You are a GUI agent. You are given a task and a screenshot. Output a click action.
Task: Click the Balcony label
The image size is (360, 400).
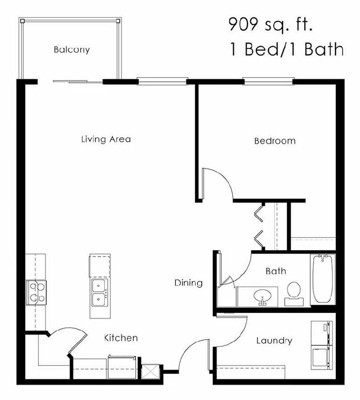pos(72,49)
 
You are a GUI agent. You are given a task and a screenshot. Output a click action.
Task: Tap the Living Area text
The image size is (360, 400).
pos(106,139)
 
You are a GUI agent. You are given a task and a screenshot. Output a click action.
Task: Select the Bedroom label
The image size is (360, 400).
pos(275,141)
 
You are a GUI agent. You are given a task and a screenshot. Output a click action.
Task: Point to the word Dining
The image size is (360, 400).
pos(189,283)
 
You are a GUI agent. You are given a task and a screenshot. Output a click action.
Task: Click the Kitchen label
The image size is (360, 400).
pos(121,338)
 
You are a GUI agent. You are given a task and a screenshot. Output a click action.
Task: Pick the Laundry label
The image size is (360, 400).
pos(274,341)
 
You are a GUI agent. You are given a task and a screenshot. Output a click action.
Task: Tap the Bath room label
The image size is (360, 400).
pos(275,271)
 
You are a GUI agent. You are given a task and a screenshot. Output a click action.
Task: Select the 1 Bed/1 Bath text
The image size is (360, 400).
pos(286,49)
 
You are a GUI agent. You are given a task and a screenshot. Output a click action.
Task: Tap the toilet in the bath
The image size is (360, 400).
pos(294,291)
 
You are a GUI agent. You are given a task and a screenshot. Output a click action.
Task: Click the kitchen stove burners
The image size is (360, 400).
pos(36,292)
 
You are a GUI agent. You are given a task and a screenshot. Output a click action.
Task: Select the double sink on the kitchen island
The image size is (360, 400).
pos(99,292)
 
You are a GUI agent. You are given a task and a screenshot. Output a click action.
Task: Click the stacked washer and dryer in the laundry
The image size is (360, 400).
pos(321,345)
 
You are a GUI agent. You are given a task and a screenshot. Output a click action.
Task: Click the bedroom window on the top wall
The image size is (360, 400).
pos(269,81)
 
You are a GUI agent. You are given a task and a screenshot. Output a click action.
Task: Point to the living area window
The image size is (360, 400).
pos(162,81)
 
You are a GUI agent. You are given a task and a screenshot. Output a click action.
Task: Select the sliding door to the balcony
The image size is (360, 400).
pos(78,82)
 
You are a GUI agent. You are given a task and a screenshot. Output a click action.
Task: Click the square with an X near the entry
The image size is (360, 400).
pos(149,371)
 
